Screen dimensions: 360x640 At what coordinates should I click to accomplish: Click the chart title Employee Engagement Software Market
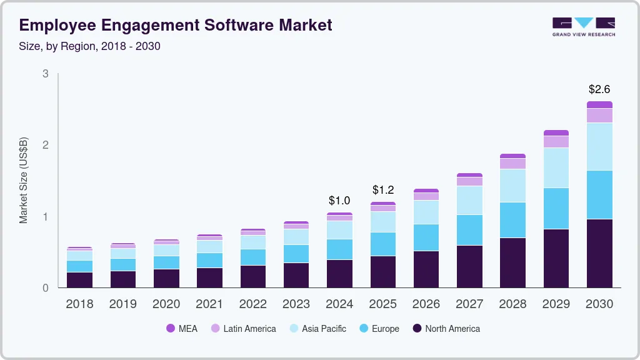(x=176, y=25)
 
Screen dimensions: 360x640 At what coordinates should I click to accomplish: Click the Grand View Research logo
(x=583, y=26)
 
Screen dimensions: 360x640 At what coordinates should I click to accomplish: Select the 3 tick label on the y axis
(x=46, y=74)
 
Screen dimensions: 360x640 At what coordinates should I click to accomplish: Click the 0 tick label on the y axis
(x=46, y=288)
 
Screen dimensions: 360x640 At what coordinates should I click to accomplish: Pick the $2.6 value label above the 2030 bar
(x=599, y=89)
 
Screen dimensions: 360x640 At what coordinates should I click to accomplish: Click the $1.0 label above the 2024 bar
(x=339, y=201)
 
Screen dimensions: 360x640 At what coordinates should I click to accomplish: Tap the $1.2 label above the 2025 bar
(x=382, y=189)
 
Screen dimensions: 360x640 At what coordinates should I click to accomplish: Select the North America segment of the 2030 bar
(x=599, y=253)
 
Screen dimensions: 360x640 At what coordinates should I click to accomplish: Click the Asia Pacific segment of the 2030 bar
(x=599, y=146)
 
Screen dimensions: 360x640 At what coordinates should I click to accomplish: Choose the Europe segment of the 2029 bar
(x=556, y=208)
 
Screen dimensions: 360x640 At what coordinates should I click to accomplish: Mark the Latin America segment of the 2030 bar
(x=599, y=116)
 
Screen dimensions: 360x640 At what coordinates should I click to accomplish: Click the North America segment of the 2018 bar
(x=80, y=280)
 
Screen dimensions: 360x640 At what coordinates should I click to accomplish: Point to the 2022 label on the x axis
(x=252, y=304)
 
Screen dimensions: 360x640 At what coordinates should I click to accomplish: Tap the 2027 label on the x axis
(x=469, y=304)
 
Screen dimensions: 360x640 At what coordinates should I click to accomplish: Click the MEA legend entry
(x=182, y=329)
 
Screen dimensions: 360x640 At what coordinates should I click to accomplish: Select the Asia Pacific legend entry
(x=317, y=329)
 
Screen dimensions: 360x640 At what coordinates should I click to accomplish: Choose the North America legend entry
(x=446, y=329)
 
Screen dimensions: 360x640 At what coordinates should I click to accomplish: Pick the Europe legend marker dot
(x=362, y=329)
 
